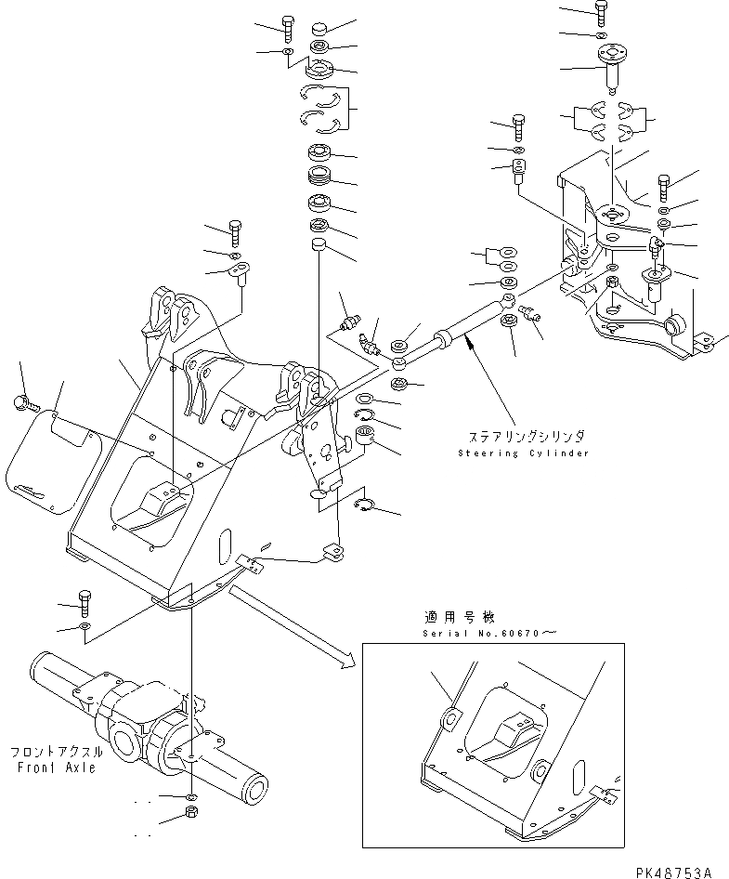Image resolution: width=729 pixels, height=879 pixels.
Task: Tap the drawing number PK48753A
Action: pos(674,872)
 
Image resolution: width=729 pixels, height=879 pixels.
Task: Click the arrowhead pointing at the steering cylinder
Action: pos(470,346)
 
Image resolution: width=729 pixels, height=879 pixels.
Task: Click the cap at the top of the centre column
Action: pos(319,26)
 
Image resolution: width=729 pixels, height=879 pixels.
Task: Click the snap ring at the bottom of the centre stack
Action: pos(366,505)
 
